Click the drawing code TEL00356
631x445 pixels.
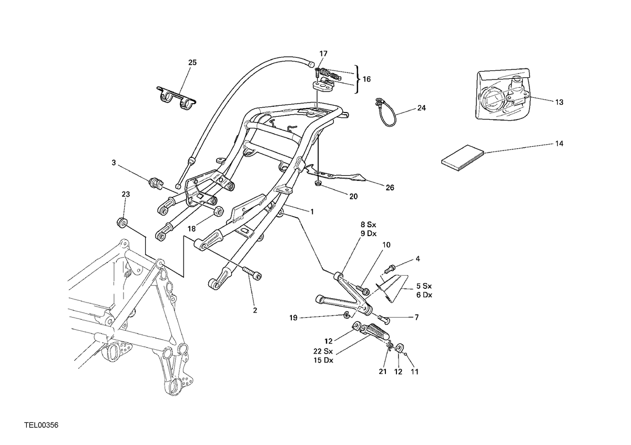(x=42, y=425)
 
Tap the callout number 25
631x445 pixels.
(x=192, y=63)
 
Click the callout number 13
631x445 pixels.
(x=559, y=102)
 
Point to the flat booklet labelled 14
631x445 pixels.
(x=463, y=158)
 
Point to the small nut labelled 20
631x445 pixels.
(x=318, y=184)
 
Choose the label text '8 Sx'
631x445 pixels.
(x=369, y=225)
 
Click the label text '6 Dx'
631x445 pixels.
(x=424, y=295)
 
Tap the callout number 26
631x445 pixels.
(x=390, y=188)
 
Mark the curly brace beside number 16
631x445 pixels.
(x=358, y=79)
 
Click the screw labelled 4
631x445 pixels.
(x=389, y=269)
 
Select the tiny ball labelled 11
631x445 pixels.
(x=405, y=355)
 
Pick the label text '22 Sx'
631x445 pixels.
(x=323, y=351)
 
